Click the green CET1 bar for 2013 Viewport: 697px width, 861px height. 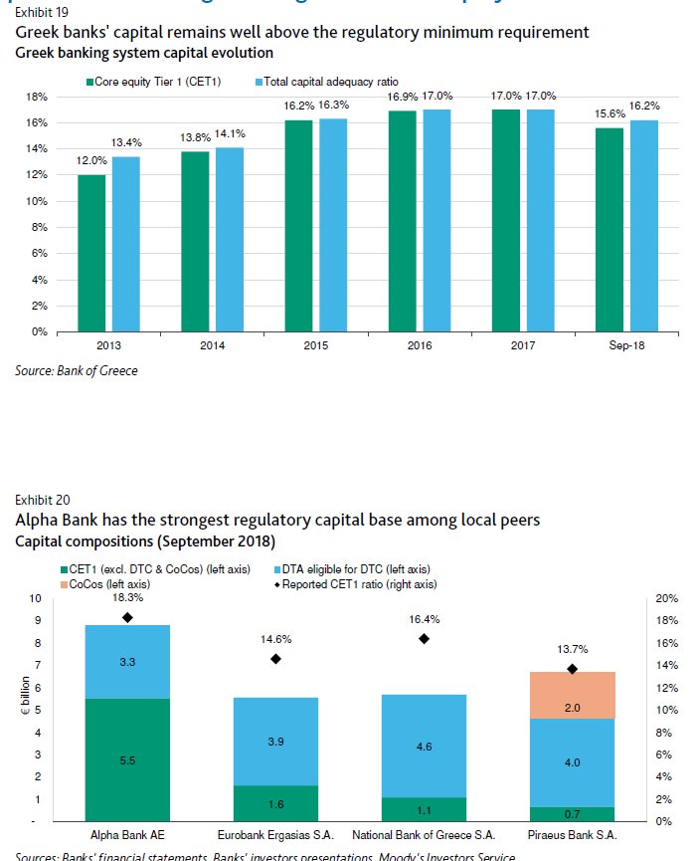click(91, 253)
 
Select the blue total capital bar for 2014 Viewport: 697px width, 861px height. click(230, 239)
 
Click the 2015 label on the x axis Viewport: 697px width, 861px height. click(315, 344)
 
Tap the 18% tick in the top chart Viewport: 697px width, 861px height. click(36, 97)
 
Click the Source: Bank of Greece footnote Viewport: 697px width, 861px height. click(77, 371)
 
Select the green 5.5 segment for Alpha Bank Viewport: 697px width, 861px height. click(114, 759)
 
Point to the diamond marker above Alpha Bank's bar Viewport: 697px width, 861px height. click(127, 617)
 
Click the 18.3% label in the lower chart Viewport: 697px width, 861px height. click(128, 598)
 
